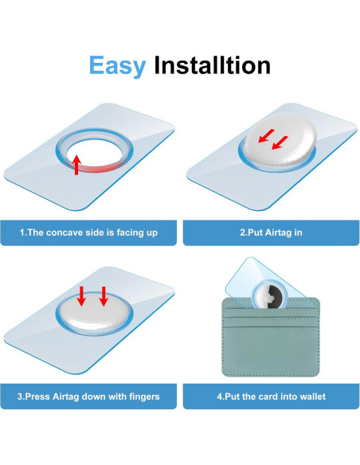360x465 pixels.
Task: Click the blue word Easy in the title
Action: click(x=117, y=66)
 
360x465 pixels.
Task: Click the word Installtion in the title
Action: click(x=213, y=64)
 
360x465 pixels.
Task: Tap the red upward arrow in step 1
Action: click(x=76, y=165)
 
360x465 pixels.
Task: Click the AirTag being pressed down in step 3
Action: click(x=94, y=312)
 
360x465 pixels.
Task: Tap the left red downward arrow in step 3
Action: click(x=81, y=296)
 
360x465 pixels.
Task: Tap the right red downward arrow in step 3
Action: click(x=104, y=296)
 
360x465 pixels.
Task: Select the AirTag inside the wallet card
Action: click(x=269, y=295)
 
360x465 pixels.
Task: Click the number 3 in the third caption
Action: click(x=20, y=397)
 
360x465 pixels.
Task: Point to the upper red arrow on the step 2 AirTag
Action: click(x=266, y=135)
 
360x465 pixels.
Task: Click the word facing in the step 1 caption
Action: click(x=131, y=232)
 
